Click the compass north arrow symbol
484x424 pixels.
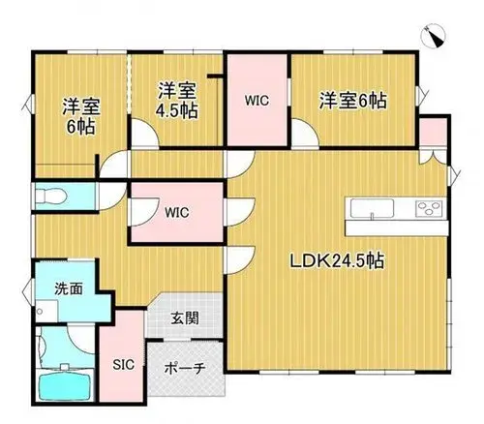click(x=434, y=36)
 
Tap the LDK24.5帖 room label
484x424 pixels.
click(x=337, y=261)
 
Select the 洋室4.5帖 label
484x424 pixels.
click(x=177, y=101)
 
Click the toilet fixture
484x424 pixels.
click(x=50, y=196)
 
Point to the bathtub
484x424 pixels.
click(x=66, y=385)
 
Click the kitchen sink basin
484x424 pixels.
click(x=372, y=208)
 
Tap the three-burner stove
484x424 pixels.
click(x=429, y=208)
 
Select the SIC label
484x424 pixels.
click(x=124, y=365)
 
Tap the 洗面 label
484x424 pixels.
click(x=69, y=288)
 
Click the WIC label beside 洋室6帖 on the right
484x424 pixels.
click(x=257, y=101)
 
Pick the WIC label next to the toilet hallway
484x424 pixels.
click(x=176, y=213)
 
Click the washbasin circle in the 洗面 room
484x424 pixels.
click(x=40, y=312)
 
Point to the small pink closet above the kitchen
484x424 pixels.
click(x=433, y=132)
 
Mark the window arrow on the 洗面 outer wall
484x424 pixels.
click(x=27, y=291)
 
